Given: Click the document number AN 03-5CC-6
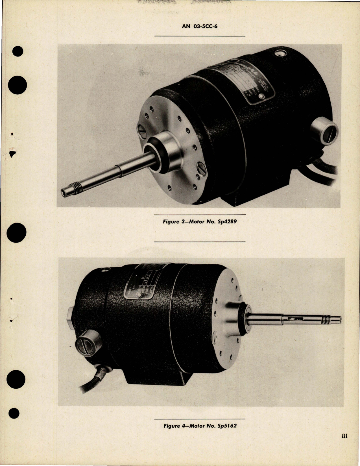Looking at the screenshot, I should (200, 27).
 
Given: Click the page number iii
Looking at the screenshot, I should (344, 437).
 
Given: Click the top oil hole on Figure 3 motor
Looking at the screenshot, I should (280, 53).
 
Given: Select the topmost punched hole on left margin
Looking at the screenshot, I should (18, 52).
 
